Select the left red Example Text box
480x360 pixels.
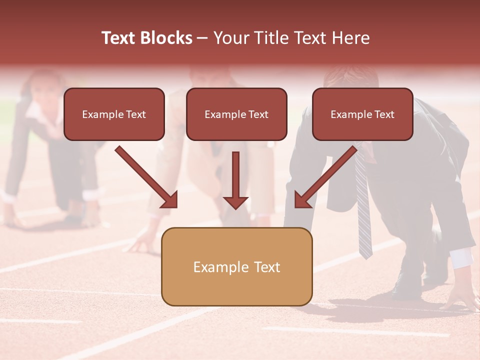[114, 114]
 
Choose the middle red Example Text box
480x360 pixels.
[236, 114]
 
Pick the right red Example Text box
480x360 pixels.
[362, 114]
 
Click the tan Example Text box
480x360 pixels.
[236, 266]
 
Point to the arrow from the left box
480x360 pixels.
[146, 176]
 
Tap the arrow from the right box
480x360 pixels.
[325, 176]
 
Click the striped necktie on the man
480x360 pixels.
[363, 210]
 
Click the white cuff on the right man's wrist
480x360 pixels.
[462, 257]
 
